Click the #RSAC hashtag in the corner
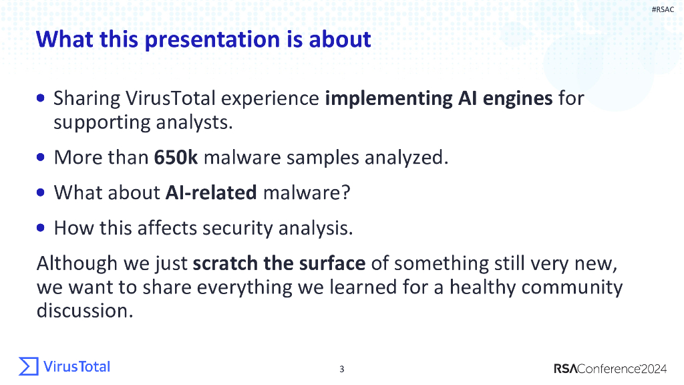[x=663, y=9]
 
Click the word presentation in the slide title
[x=212, y=39]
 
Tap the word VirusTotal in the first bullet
[x=170, y=98]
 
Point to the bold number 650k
[x=176, y=157]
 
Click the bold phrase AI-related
[x=211, y=192]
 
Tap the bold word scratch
[x=225, y=263]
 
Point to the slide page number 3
[x=341, y=369]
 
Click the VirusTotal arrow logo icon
[x=29, y=366]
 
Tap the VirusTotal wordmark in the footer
[x=77, y=367]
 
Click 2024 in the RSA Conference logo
[x=653, y=369]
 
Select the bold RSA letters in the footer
[x=565, y=369]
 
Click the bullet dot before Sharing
[x=41, y=98]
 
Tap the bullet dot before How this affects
[x=41, y=227]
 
